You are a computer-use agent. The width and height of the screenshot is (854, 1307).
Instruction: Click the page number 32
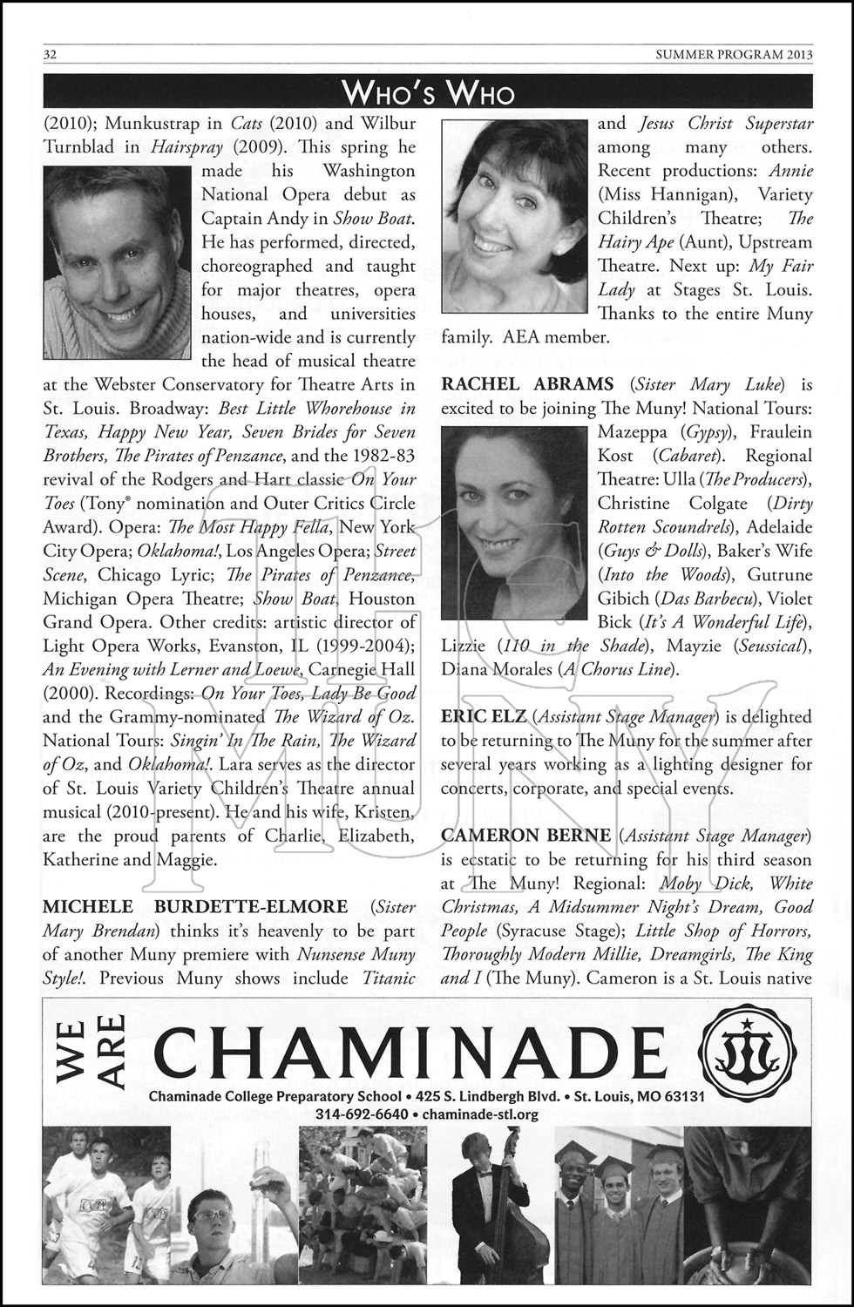coord(51,55)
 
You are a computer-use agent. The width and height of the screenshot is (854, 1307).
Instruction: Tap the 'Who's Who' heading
coord(428,92)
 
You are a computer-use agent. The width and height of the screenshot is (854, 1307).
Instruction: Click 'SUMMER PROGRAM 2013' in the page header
coord(734,55)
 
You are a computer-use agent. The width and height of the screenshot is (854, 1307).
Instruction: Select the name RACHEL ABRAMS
coord(527,384)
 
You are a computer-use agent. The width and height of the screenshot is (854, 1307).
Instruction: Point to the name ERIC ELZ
coord(484,717)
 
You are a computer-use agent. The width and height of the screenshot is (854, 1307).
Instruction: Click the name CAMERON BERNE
coord(525,836)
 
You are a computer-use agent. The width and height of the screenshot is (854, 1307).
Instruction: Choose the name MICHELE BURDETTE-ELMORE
coord(195,907)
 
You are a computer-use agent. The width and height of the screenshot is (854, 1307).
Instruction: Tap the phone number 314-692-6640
coord(362,1114)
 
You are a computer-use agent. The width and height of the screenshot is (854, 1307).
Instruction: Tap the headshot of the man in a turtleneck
coord(117,261)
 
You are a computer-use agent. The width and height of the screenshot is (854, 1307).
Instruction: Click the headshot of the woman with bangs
coord(514,215)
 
